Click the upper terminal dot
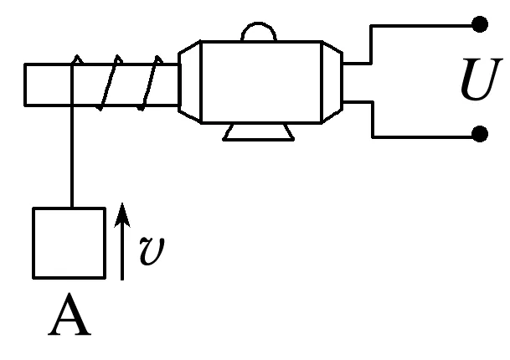[x=479, y=24]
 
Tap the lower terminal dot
[x=479, y=135]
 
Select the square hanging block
[x=69, y=242]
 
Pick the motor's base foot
[x=259, y=131]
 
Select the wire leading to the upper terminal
[x=419, y=25]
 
